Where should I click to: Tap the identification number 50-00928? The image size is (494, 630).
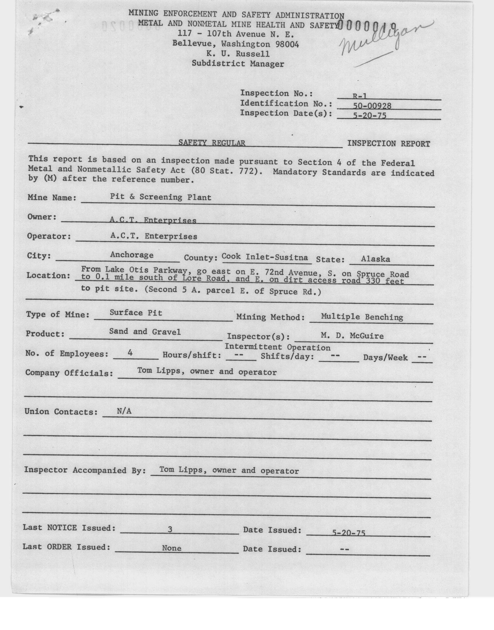(x=372, y=106)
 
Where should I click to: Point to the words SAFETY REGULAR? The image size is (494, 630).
(x=212, y=143)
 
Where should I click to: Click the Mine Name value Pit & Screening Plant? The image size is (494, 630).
(x=160, y=197)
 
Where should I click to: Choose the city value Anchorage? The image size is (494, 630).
(x=132, y=255)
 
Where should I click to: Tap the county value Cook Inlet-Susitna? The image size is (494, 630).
(x=265, y=257)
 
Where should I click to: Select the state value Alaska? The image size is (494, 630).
(x=375, y=259)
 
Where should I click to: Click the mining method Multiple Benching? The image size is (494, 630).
(x=362, y=317)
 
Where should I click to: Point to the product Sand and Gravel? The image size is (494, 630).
(x=145, y=332)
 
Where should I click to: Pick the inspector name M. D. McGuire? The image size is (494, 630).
(x=352, y=336)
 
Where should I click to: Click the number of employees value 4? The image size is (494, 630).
(x=130, y=353)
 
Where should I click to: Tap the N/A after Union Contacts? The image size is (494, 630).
(x=124, y=411)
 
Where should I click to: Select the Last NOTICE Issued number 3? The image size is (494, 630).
(x=170, y=529)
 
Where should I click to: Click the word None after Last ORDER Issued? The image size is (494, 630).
(x=172, y=548)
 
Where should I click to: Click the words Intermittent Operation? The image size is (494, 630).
(x=277, y=347)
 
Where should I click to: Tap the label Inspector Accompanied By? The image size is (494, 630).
(x=84, y=470)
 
